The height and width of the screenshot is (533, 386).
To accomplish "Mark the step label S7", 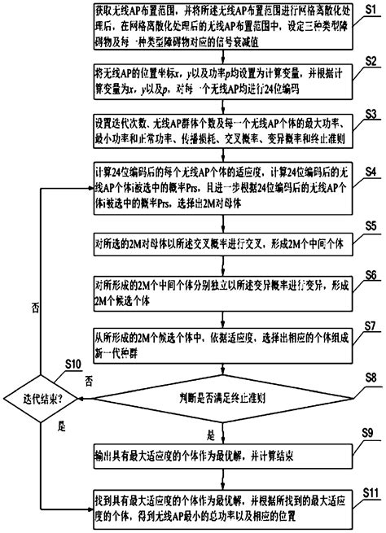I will [x=371, y=325].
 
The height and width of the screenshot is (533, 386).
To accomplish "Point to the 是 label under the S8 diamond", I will [x=213, y=434].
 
